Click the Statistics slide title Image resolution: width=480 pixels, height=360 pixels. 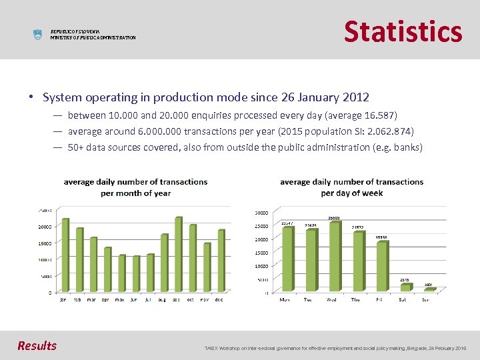pos(403,31)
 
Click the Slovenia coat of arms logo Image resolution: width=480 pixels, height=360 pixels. pos(37,35)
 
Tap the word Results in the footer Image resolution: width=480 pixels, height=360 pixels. pos(37,345)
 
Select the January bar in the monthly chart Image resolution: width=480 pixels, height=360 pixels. pos(65,255)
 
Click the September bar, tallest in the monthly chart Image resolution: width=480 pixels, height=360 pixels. pos(178,254)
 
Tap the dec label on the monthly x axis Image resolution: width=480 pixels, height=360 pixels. pos(219,299)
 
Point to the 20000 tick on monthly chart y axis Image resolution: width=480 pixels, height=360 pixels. pos(45,227)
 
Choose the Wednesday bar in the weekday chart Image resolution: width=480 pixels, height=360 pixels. pos(334,256)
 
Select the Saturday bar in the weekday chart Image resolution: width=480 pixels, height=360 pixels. pos(405,287)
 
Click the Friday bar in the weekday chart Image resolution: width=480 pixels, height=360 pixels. pos(382,266)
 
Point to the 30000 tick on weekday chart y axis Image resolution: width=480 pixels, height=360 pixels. pos(261,213)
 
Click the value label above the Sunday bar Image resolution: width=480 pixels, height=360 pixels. pos(428,285)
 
